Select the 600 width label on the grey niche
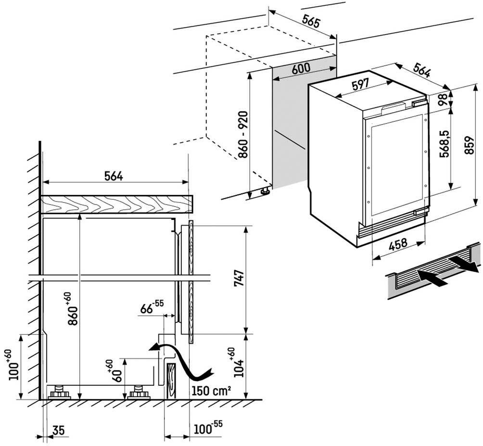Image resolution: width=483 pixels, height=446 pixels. [301, 69]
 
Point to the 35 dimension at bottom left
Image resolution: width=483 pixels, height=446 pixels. [59, 430]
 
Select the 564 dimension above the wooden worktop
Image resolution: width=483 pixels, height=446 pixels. [114, 177]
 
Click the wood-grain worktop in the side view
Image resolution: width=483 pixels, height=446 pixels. [115, 204]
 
